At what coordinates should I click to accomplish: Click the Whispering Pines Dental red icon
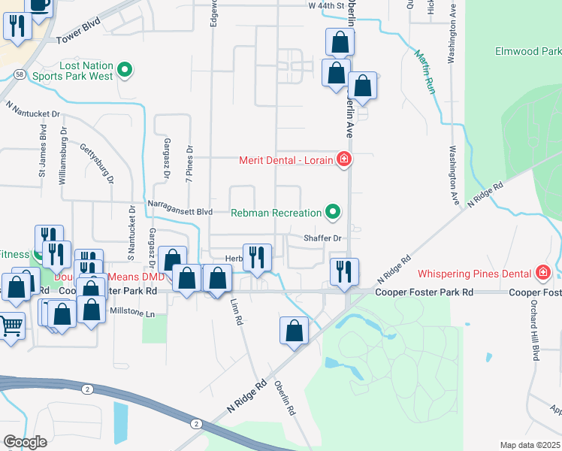(x=542, y=273)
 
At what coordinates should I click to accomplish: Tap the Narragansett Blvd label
(x=180, y=213)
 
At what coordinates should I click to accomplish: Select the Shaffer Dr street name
(x=322, y=238)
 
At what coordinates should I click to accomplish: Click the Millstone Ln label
(x=134, y=313)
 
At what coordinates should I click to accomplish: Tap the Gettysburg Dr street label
(x=98, y=164)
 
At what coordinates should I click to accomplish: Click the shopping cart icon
(x=10, y=327)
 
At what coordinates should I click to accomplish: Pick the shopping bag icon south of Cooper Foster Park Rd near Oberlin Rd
(x=295, y=329)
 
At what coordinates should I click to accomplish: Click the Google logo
(x=26, y=442)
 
